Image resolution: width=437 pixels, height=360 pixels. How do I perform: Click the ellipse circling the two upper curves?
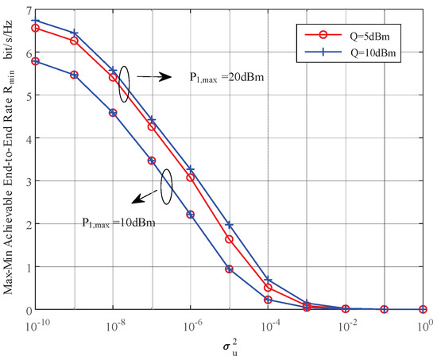[x=122, y=83]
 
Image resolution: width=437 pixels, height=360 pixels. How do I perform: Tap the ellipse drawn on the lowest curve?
[x=165, y=188]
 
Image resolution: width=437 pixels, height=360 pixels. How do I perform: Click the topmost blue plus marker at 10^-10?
[x=36, y=21]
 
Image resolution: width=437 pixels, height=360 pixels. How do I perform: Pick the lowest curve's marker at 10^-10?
[x=36, y=61]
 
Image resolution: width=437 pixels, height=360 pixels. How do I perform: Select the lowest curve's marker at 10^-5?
[x=230, y=269]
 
